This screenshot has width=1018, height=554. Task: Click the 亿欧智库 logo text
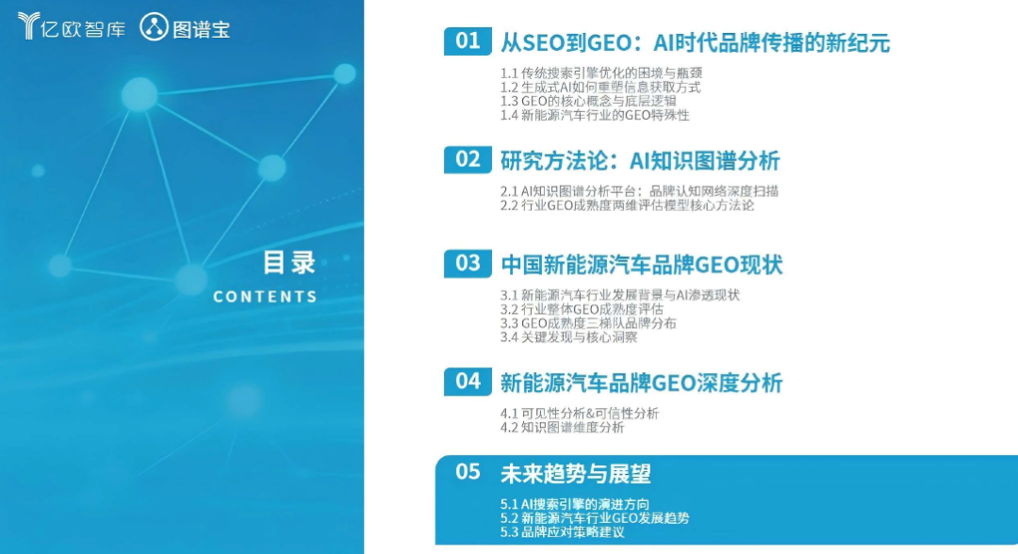(x=82, y=29)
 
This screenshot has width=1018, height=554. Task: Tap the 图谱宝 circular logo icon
(x=154, y=27)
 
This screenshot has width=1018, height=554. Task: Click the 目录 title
(x=289, y=263)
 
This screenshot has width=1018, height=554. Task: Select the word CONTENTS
(x=265, y=297)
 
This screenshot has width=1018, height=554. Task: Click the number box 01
(x=468, y=41)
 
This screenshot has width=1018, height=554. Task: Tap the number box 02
(x=468, y=159)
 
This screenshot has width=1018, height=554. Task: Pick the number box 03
(x=468, y=264)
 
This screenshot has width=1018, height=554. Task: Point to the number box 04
(x=468, y=382)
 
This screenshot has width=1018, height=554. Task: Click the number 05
(x=468, y=472)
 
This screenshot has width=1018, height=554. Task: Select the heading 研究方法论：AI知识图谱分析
(x=640, y=161)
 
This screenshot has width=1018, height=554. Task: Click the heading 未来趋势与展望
(x=575, y=474)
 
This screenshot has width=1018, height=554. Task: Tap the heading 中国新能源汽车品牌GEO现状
(x=642, y=265)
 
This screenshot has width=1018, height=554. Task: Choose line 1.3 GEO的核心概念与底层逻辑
(x=588, y=101)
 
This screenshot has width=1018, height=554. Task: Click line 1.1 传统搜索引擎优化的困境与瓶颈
(x=601, y=73)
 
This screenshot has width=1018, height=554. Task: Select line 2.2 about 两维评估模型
(x=627, y=205)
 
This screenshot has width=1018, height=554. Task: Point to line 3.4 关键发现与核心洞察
(x=568, y=337)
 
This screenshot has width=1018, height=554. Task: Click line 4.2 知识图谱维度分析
(x=562, y=428)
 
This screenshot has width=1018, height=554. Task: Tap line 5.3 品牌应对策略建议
(x=562, y=532)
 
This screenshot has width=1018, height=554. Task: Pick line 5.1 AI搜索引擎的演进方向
(x=575, y=504)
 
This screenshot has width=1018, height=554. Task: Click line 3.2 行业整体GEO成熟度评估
(x=582, y=309)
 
